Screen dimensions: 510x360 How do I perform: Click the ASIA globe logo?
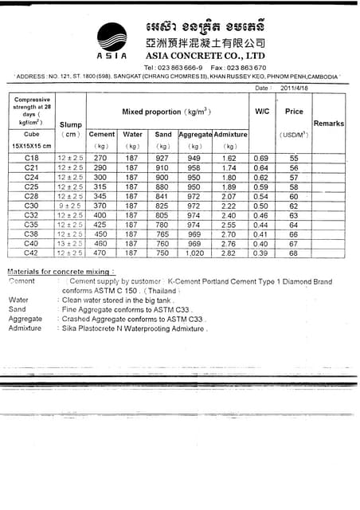pyautogui.click(x=112, y=37)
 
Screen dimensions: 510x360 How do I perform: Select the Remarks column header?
pyautogui.click(x=328, y=124)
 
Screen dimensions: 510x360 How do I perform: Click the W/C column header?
pyautogui.click(x=262, y=112)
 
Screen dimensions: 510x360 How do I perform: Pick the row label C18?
pyautogui.click(x=32, y=159)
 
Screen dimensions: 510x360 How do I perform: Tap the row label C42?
pyautogui.click(x=32, y=253)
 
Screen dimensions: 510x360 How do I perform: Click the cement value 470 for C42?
pyautogui.click(x=101, y=253)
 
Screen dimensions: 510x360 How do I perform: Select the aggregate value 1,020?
pyautogui.click(x=194, y=253)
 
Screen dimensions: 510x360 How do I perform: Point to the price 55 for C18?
pyautogui.click(x=293, y=159)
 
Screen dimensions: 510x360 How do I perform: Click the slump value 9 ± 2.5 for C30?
pyautogui.click(x=70, y=206)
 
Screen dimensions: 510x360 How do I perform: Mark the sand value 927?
pyautogui.click(x=162, y=159)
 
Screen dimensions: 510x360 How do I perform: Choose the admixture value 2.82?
pyautogui.click(x=229, y=253)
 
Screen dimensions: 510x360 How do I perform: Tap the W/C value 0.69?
pyautogui.click(x=261, y=159)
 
